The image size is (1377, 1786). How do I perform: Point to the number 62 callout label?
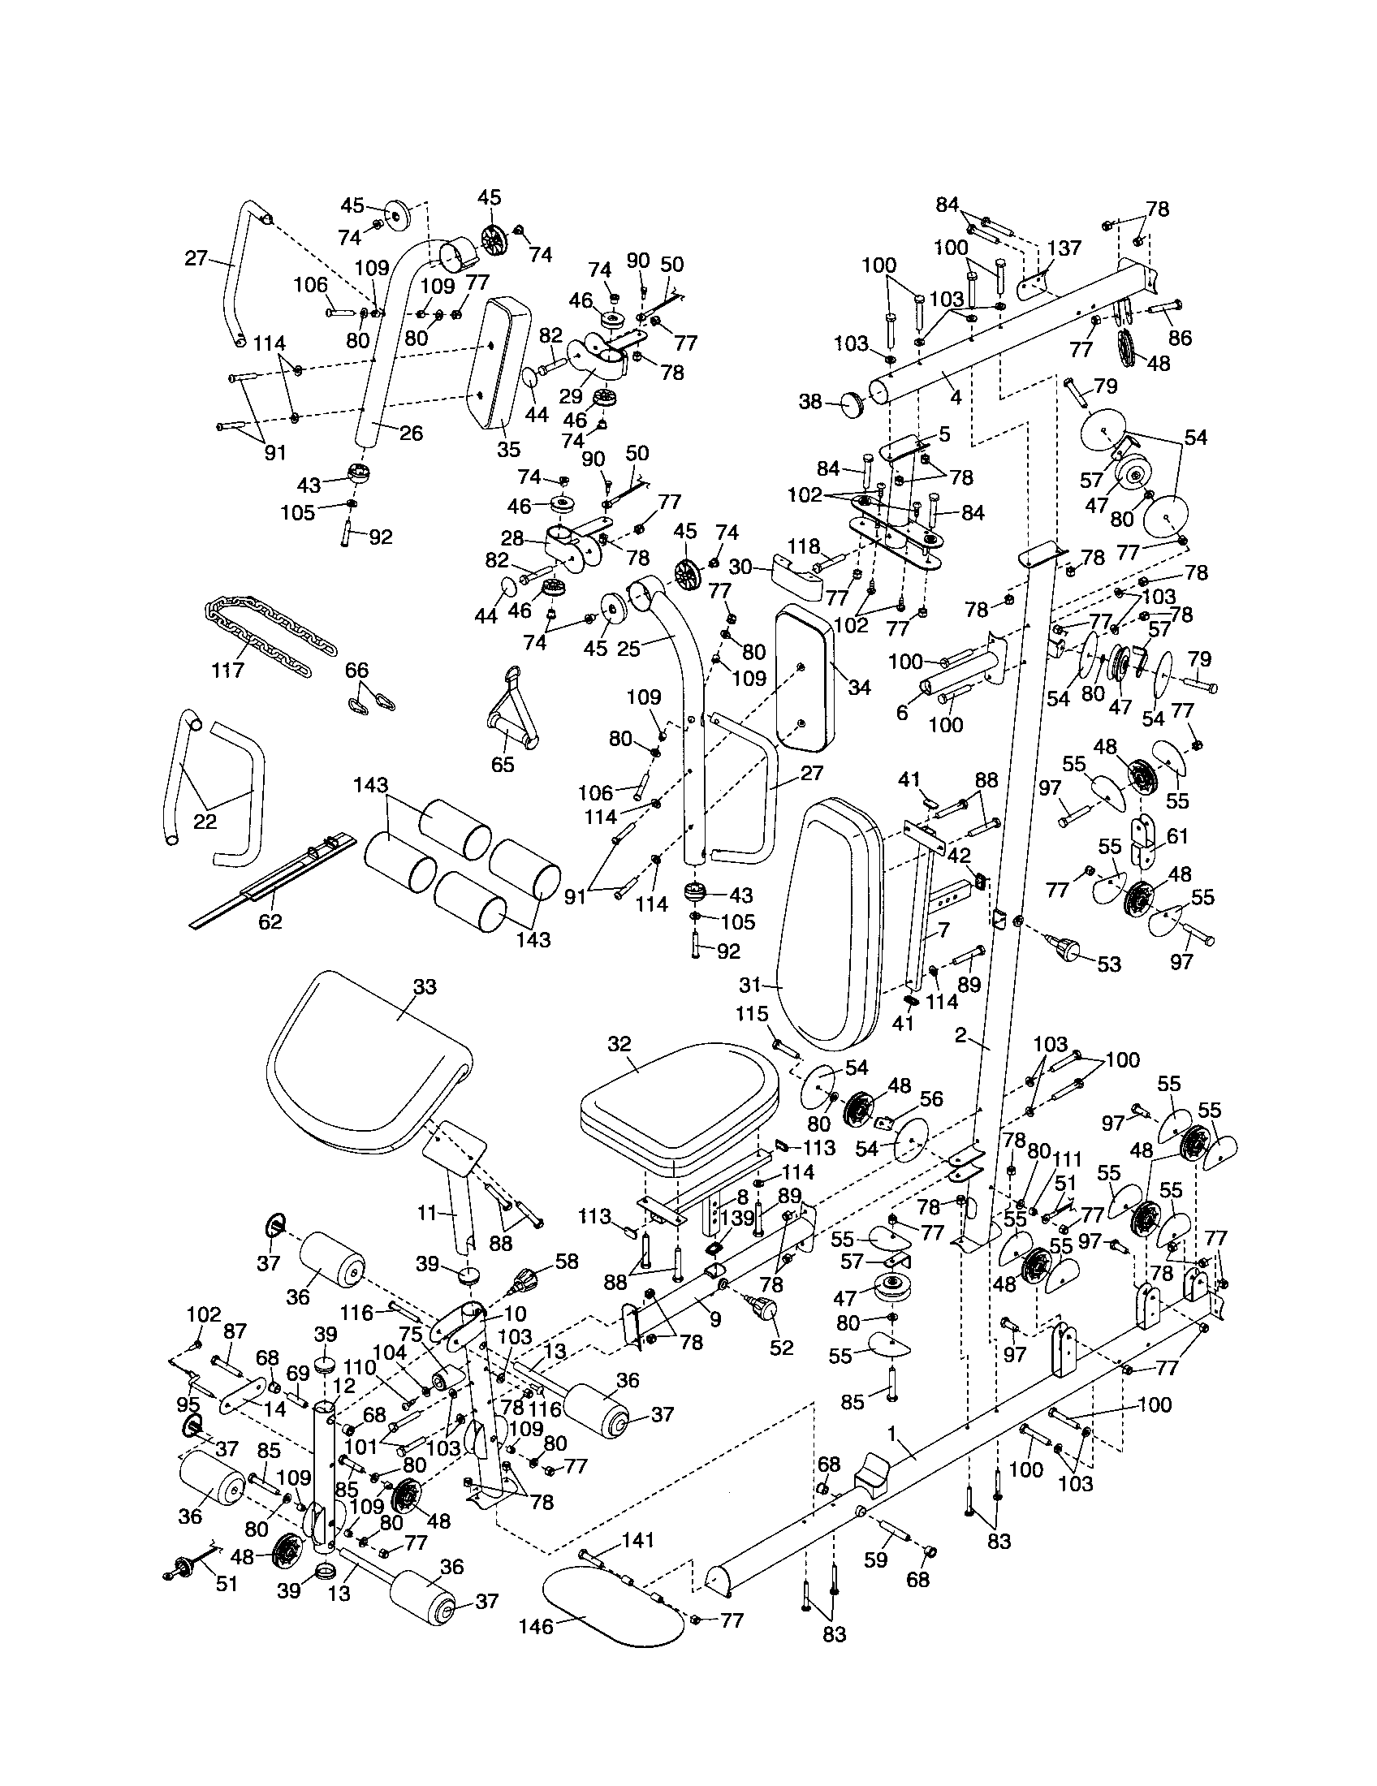(270, 921)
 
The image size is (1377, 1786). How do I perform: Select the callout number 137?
(1064, 247)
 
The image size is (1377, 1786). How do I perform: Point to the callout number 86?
(1180, 337)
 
